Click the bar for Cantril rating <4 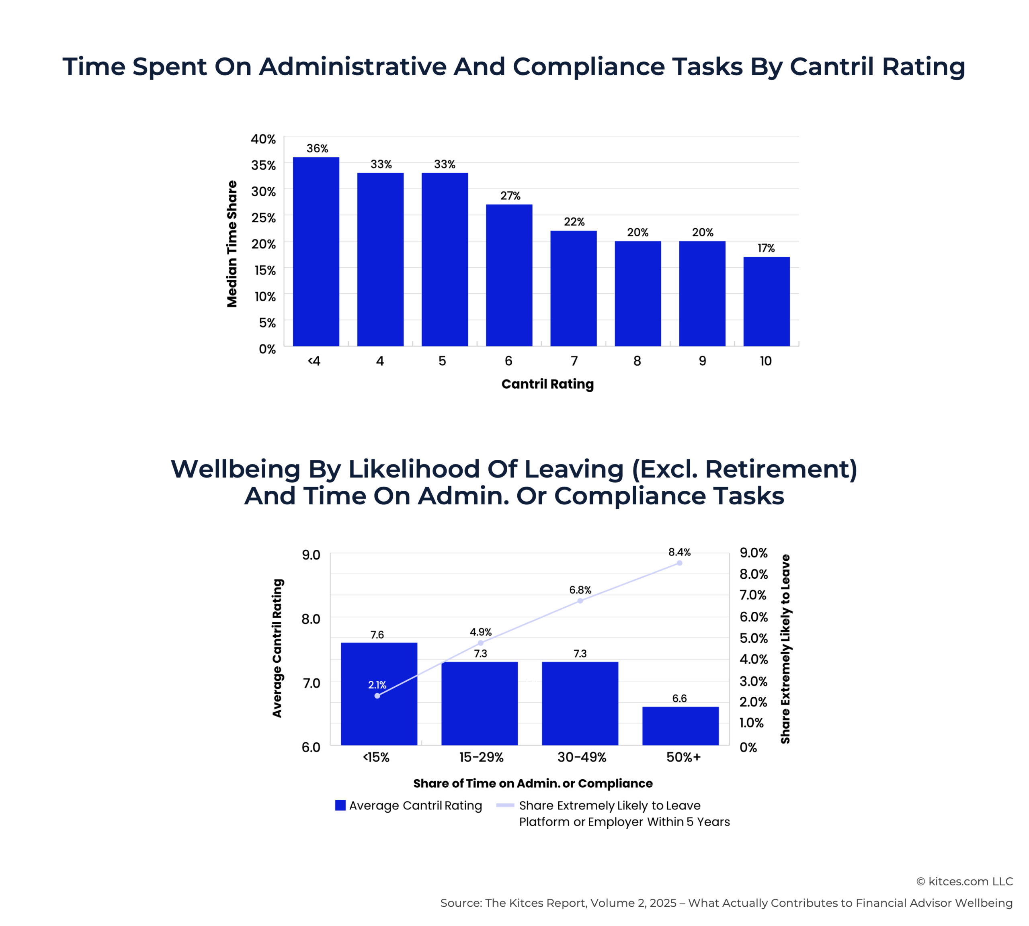pos(316,252)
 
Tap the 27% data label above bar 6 pos(510,196)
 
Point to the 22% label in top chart pos(574,222)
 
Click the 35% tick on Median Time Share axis pos(263,165)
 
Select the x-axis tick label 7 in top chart pos(574,361)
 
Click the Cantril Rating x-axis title pos(547,384)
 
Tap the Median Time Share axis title pos(232,244)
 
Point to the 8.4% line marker pos(679,563)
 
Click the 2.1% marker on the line pos(377,696)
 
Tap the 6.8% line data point pos(580,601)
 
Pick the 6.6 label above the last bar pos(679,698)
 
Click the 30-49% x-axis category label pos(581,757)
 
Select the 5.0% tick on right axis pos(753,638)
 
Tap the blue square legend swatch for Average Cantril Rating pos(340,805)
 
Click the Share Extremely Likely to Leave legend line pos(505,805)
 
